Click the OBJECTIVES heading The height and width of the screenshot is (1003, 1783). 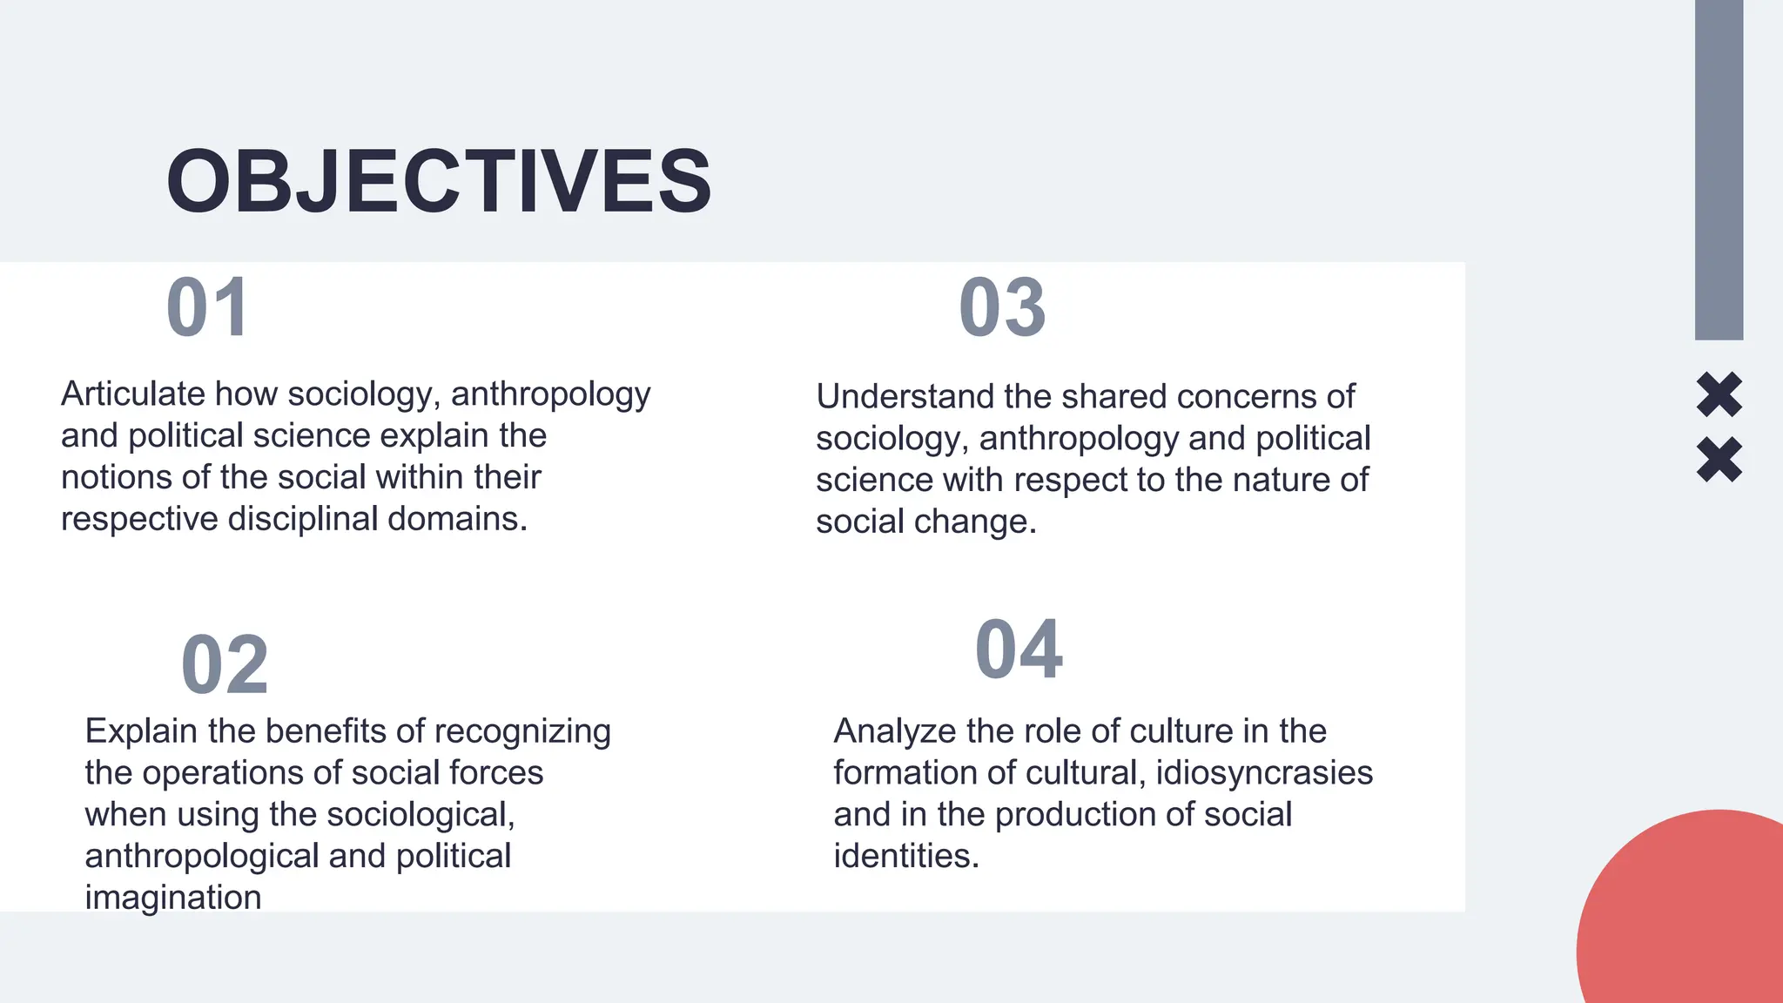pos(439,181)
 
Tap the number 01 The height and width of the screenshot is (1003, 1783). pos(208,307)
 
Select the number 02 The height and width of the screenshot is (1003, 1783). pos(225,665)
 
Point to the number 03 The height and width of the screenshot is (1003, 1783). pos(1002,307)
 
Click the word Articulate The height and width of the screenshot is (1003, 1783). pos(132,394)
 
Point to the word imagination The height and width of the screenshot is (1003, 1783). pos(173,898)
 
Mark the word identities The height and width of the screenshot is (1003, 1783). pos(906,856)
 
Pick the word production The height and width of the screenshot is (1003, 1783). pos(1075,815)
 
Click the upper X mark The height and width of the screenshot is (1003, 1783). pos(1719,394)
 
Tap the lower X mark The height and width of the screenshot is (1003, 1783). pos(1719,459)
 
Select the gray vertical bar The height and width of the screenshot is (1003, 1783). pos(1719,170)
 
